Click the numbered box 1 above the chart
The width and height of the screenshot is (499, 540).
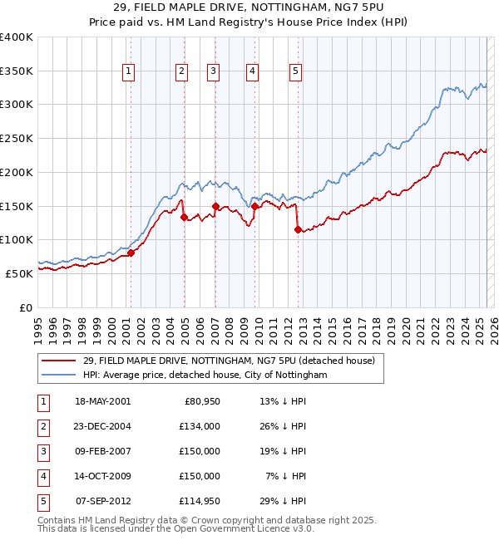[x=130, y=72]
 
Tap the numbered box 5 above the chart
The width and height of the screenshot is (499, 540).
[x=296, y=72]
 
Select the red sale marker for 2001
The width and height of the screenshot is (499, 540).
[x=131, y=253]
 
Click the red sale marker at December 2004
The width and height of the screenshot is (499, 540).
[x=184, y=217]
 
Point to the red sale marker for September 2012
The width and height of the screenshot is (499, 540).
[x=297, y=230]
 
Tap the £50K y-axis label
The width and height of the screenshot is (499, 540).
[x=19, y=273]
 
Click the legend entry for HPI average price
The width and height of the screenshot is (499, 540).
[x=205, y=376]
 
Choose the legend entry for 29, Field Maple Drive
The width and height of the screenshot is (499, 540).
[x=229, y=361]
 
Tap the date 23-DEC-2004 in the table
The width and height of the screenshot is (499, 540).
[x=103, y=426]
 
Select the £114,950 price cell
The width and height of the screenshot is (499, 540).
[x=200, y=501]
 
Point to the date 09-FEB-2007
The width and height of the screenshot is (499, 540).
[x=103, y=451]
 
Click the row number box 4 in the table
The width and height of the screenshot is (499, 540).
[x=42, y=476]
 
